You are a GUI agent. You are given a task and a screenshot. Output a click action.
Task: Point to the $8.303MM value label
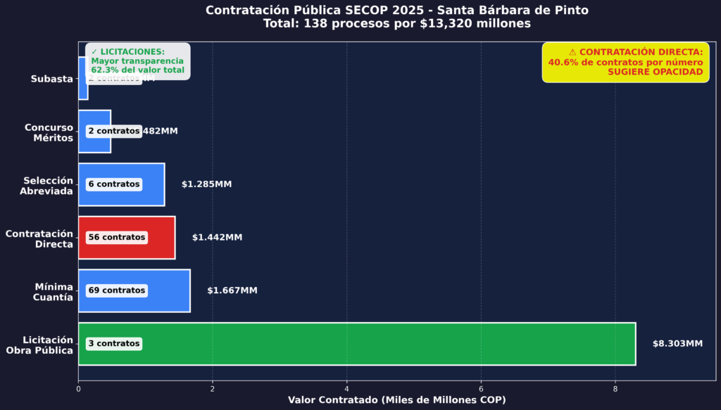pos(677,344)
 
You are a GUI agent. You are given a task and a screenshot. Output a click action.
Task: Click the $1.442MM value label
pos(217,238)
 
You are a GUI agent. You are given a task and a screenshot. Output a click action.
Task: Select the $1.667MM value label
pos(232,290)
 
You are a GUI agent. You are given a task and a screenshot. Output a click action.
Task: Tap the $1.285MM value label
pos(206,184)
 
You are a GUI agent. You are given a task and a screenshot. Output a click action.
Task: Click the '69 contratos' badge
pos(117,290)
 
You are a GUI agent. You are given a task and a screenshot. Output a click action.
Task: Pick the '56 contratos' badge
pos(117,238)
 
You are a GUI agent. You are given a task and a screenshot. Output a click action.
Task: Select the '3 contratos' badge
pos(114,344)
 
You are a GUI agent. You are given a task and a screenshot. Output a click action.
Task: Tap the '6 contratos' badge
pos(114,184)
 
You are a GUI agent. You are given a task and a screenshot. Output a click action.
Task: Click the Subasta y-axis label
pos(52,79)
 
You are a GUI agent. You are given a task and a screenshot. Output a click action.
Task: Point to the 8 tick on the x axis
pos(615,387)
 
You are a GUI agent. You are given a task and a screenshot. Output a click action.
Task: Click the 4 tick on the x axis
pos(347,387)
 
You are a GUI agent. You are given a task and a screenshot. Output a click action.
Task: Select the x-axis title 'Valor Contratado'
pos(396,400)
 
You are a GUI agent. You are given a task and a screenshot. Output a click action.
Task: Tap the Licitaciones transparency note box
pos(138,61)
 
